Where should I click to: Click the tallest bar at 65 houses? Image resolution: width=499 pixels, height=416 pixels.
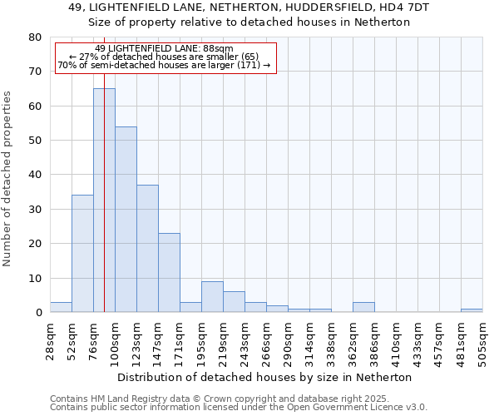[104, 200]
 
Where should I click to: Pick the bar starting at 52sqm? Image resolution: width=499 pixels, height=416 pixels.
[82, 253]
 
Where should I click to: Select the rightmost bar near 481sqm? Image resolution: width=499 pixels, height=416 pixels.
[472, 310]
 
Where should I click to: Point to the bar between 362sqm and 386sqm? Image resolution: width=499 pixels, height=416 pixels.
[363, 307]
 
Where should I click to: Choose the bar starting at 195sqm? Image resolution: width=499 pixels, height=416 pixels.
[212, 297]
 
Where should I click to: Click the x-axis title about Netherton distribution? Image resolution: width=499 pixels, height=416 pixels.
[264, 377]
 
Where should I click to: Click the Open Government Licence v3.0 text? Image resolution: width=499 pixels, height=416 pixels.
[374, 407]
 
